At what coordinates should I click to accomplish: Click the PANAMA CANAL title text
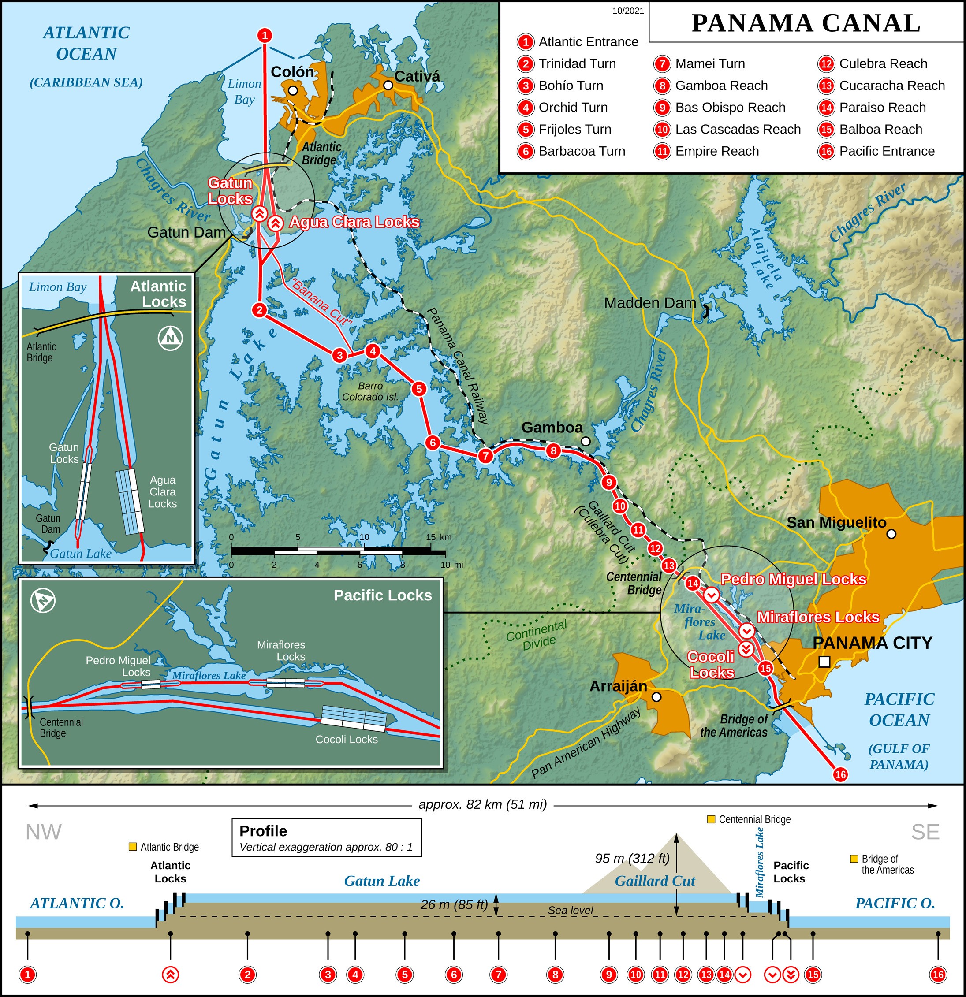coord(806,23)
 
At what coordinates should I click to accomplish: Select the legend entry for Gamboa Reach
coord(721,86)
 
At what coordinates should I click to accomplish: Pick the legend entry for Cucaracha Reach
coord(891,86)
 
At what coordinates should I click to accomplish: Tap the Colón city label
coord(292,72)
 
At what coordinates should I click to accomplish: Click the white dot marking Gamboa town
coord(586,441)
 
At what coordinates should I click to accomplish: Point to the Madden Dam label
coord(649,303)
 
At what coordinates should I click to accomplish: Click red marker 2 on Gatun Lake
coord(260,309)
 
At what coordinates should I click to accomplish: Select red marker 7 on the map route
coord(485,456)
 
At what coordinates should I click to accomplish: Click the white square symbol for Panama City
coord(824,661)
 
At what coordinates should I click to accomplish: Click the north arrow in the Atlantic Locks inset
coord(170,338)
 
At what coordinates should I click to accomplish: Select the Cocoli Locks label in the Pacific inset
coord(347,739)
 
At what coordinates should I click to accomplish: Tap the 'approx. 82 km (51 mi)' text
coord(482,804)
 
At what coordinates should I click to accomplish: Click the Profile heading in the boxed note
coord(263,831)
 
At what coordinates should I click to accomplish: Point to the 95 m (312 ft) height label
coord(632,858)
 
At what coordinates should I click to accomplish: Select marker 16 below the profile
coord(937,975)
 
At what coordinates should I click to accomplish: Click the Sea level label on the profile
coord(570,911)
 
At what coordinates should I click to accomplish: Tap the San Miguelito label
coord(836,522)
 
